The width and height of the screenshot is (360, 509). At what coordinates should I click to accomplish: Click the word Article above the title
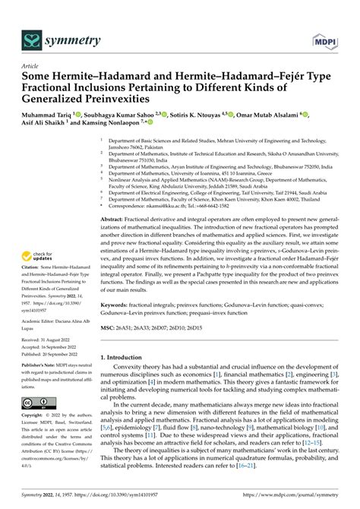[x=31, y=66]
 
